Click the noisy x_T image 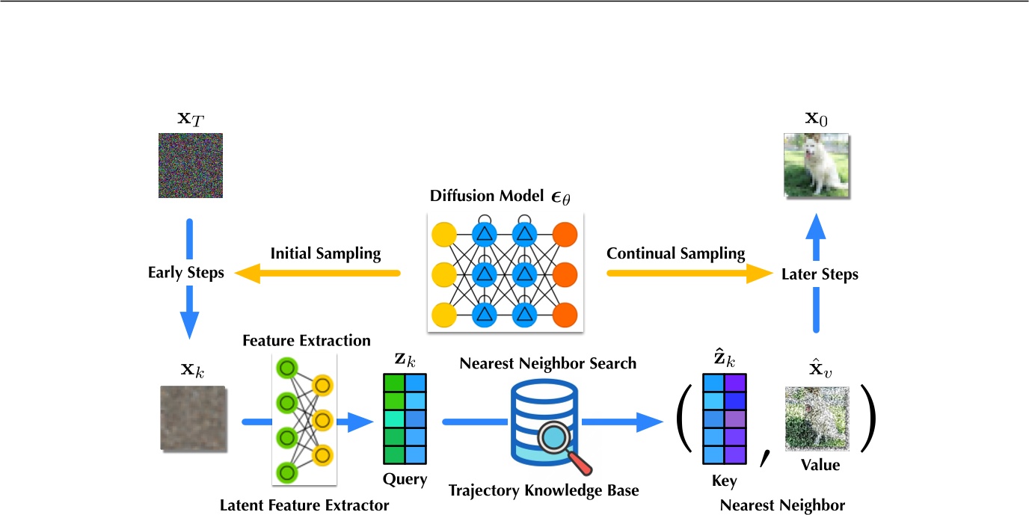tap(190, 165)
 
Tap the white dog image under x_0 tap(816, 166)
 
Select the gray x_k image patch tap(191, 418)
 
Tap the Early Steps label tap(185, 273)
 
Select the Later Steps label tap(819, 274)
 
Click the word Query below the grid tap(405, 480)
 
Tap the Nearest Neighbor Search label tap(548, 364)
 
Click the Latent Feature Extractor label tap(304, 506)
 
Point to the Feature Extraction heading tap(306, 341)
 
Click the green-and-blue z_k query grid tap(405, 419)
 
